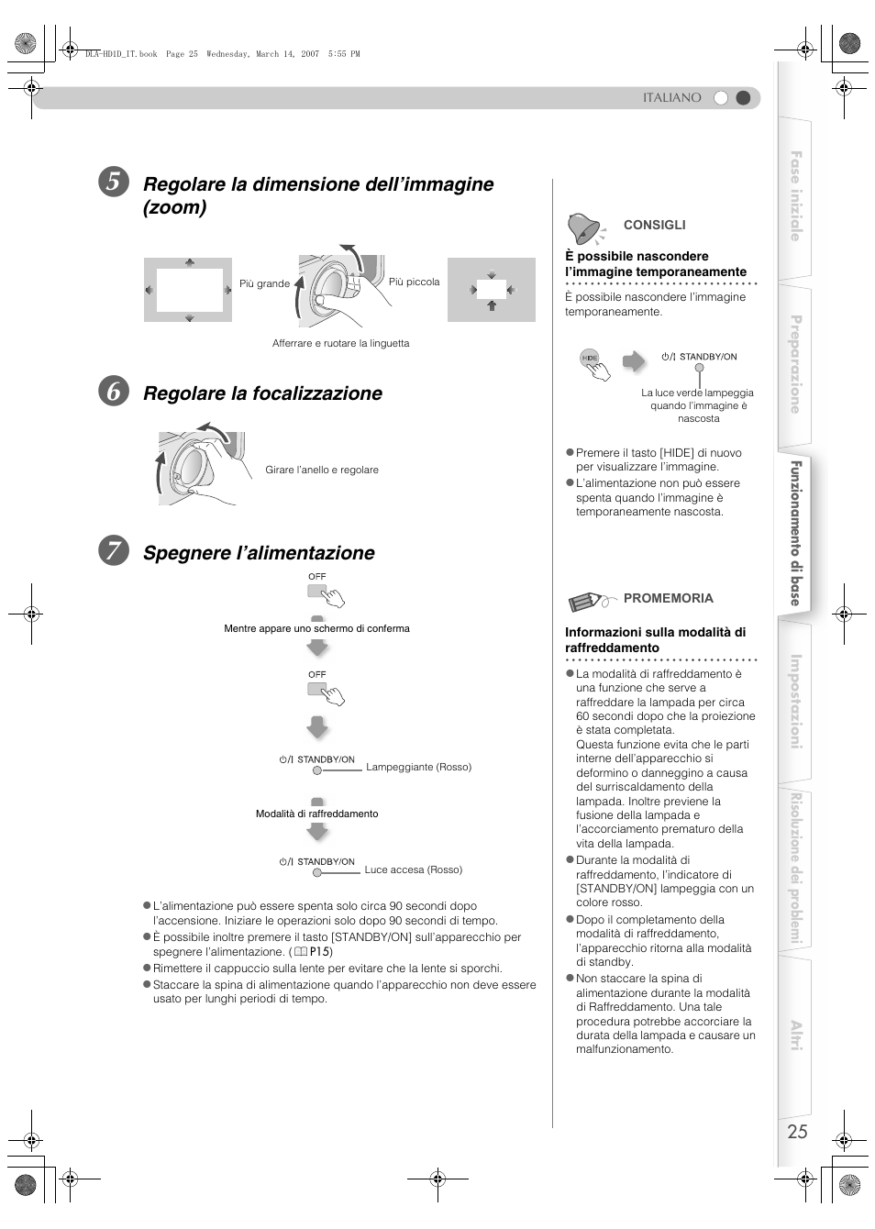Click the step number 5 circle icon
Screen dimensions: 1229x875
(113, 183)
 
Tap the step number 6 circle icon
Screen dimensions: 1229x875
(113, 392)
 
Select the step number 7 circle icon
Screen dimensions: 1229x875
(113, 551)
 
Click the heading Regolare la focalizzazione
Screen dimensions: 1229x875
(262, 393)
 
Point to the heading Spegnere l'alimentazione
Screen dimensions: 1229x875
(259, 553)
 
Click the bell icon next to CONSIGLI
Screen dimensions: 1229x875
(584, 227)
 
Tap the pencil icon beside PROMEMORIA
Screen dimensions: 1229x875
(588, 601)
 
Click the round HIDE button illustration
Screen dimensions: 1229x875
(590, 359)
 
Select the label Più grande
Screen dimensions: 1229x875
(264, 284)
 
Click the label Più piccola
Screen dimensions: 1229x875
(414, 282)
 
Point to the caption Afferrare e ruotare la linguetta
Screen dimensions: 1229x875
(340, 344)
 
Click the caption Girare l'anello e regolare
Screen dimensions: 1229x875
(321, 471)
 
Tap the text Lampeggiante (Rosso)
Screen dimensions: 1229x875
(418, 768)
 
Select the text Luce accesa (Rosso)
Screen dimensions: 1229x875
(413, 870)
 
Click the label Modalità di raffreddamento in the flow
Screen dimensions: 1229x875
(316, 814)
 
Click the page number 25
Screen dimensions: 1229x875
(797, 1132)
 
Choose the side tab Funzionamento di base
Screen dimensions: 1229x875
(796, 533)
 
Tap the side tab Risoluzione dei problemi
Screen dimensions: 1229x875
(796, 868)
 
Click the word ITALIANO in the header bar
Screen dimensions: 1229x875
(671, 98)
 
